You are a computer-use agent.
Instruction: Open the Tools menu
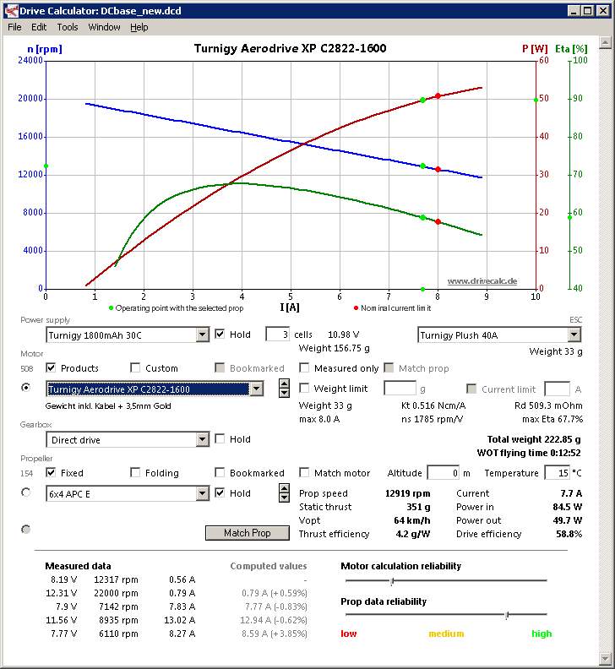(x=68, y=27)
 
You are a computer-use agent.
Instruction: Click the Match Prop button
(x=248, y=533)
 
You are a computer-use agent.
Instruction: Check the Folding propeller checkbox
(x=136, y=473)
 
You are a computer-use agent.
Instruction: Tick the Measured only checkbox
(x=305, y=368)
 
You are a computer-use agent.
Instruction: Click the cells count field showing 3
(x=277, y=334)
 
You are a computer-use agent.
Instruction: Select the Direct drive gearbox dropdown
(x=127, y=439)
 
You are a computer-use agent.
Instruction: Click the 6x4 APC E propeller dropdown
(x=127, y=493)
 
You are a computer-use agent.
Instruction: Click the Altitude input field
(x=443, y=473)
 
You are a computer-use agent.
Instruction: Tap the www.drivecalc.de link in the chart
(x=482, y=280)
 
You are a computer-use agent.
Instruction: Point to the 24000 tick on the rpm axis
(x=30, y=61)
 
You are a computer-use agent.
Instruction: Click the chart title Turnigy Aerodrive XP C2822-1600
(x=290, y=48)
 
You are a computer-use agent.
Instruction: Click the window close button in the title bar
(x=601, y=10)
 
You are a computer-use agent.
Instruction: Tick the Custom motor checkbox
(x=136, y=368)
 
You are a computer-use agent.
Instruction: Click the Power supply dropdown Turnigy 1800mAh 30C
(x=127, y=334)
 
